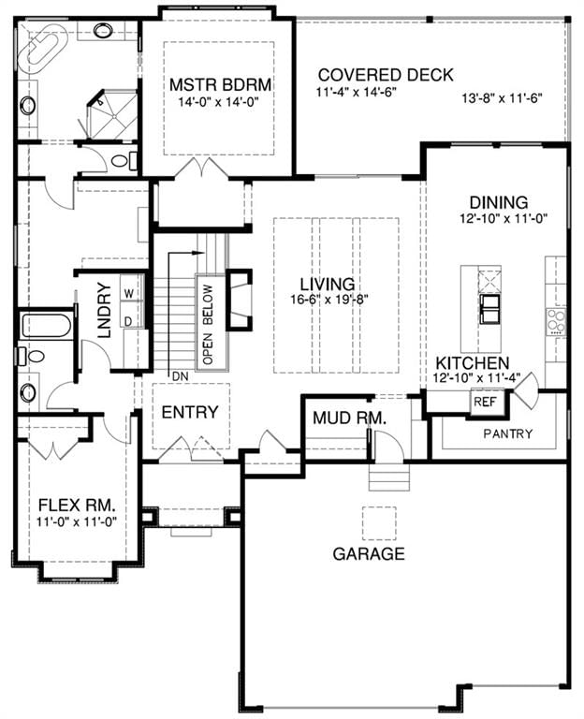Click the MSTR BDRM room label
coord(220,85)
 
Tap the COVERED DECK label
coord(386,75)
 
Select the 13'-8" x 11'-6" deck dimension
coord(502,97)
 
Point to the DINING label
coord(499,202)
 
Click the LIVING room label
coord(328,284)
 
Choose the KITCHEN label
coord(472,363)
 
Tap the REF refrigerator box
coord(485,403)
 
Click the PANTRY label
coord(508,433)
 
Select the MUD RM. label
coord(349,418)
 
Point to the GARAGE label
coord(369,554)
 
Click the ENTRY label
coord(190,412)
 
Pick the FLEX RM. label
coord(77,506)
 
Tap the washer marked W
coord(130,293)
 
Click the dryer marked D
coord(129,321)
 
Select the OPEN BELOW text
coord(208,324)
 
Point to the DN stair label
coord(180,376)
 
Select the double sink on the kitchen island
coord(489,309)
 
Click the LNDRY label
coord(105,311)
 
